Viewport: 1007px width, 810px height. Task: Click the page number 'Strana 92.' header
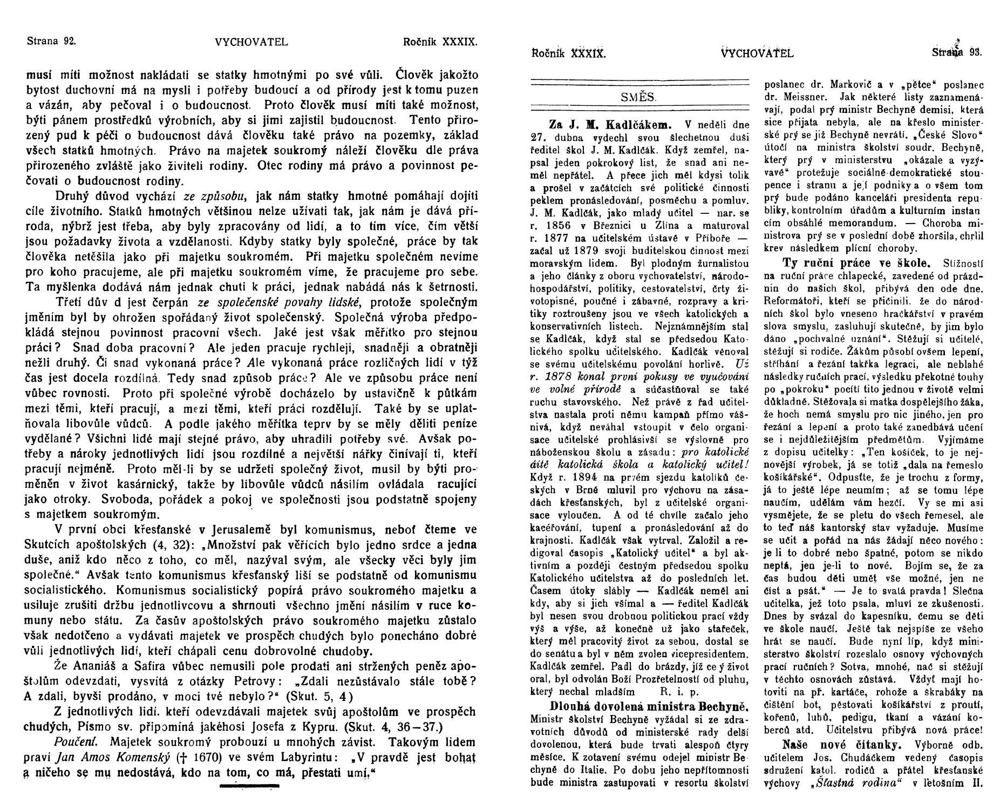[51, 41]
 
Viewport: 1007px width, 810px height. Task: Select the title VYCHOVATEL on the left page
[243, 42]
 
